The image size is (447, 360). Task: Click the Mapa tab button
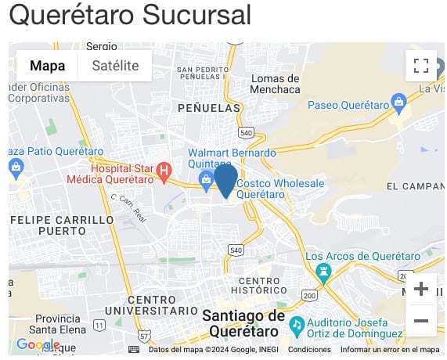point(47,66)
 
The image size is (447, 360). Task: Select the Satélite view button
point(115,66)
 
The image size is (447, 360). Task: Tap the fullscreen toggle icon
point(421,66)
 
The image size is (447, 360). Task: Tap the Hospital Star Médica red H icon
point(164,170)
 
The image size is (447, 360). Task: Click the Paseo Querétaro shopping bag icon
point(398,101)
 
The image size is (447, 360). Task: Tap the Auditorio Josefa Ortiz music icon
point(297,323)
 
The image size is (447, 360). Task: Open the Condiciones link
point(309,350)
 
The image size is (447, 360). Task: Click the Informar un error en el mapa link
point(390,350)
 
